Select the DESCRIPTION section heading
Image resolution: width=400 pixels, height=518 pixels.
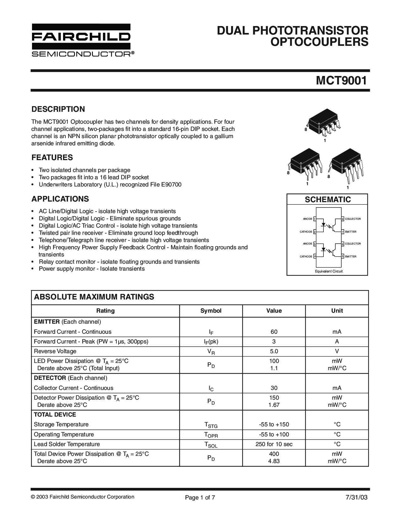58,109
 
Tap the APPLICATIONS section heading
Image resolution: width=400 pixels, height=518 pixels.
60,199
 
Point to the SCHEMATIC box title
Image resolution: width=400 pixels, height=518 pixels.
328,199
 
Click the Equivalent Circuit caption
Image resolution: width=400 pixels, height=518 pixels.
328,271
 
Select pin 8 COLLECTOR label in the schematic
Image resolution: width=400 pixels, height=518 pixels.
353,219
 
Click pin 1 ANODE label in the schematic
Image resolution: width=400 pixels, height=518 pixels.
307,219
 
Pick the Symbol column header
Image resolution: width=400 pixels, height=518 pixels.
211,310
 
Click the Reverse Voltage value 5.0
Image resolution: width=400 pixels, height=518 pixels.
274,351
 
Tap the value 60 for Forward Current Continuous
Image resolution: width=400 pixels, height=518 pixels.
274,332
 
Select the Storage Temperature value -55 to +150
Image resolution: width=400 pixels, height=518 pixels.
274,424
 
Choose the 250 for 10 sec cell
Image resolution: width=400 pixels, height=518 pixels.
274,444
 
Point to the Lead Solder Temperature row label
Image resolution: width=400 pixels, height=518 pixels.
67,444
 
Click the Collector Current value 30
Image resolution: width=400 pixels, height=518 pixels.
274,388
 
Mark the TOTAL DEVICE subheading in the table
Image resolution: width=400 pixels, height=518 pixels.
55,414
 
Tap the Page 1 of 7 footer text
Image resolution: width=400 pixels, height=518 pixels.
200,498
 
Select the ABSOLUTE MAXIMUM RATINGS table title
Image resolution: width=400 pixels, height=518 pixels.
94,297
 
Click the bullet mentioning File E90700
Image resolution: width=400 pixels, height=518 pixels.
110,184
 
